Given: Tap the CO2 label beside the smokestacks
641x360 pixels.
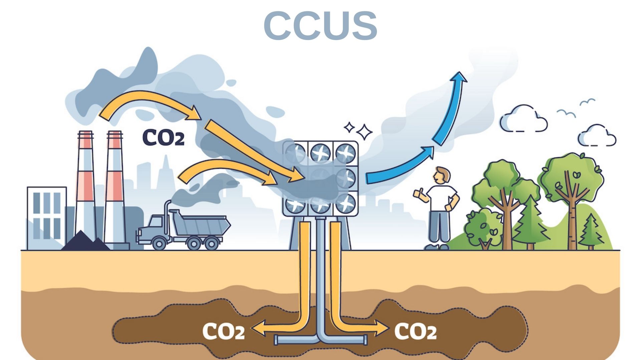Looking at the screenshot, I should click(x=163, y=137).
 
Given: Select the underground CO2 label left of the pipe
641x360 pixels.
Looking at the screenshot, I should click(x=224, y=331).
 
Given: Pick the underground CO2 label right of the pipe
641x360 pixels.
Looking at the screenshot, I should click(x=415, y=331).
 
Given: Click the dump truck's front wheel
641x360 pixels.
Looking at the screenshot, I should click(x=159, y=243).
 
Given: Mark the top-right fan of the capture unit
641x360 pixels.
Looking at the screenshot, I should click(x=345, y=153).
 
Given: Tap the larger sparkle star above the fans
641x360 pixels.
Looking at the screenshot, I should click(x=364, y=132).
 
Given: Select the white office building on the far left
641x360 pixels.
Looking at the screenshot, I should click(x=47, y=217).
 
